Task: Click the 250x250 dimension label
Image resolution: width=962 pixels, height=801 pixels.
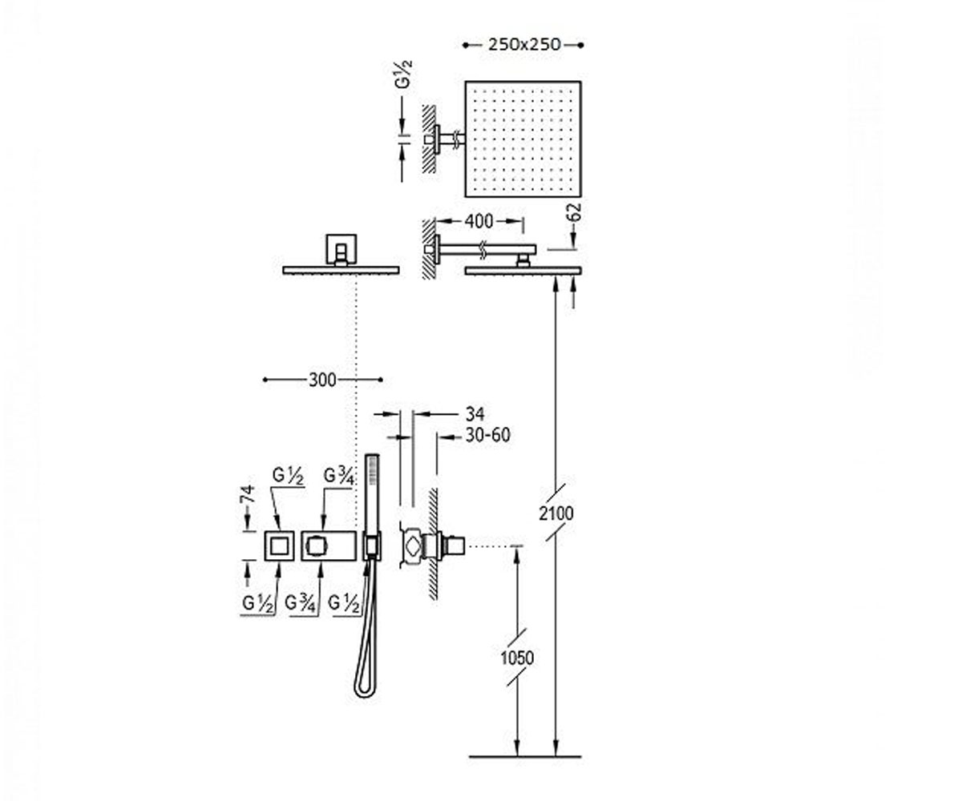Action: pyautogui.click(x=524, y=45)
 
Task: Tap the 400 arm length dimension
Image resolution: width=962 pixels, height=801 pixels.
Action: pyautogui.click(x=479, y=221)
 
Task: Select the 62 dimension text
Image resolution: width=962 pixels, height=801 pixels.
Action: pyautogui.click(x=576, y=213)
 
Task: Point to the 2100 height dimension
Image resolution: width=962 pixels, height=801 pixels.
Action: pyautogui.click(x=556, y=513)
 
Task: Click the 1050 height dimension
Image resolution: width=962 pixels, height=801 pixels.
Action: pyautogui.click(x=517, y=658)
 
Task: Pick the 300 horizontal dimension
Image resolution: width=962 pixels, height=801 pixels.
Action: pyautogui.click(x=322, y=380)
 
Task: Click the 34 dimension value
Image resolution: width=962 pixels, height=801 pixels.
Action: pyautogui.click(x=475, y=414)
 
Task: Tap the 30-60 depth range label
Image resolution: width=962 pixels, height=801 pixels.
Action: pyautogui.click(x=488, y=435)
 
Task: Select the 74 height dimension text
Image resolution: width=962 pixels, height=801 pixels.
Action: pyautogui.click(x=249, y=494)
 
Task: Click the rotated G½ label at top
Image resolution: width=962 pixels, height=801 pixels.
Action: pyautogui.click(x=405, y=74)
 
